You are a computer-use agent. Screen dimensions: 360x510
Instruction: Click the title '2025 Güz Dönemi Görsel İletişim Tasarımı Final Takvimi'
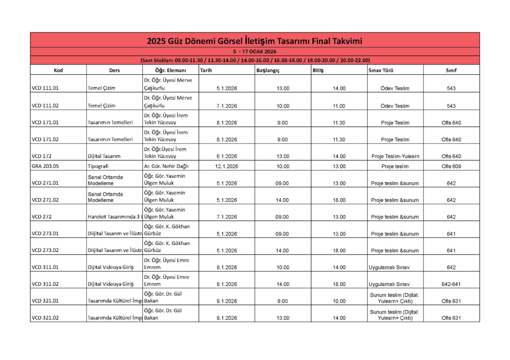click(255, 40)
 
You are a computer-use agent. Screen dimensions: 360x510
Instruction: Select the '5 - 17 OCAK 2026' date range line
click(255, 51)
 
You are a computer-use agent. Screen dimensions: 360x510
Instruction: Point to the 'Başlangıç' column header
click(268, 70)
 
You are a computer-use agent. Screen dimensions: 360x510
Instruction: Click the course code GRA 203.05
click(45, 166)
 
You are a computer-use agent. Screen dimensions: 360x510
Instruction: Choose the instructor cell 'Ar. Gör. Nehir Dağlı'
click(166, 166)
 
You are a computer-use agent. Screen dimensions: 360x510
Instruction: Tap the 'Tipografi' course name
click(98, 166)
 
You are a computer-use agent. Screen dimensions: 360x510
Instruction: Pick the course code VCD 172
click(42, 156)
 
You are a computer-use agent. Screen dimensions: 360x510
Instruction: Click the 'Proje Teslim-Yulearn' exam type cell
click(395, 156)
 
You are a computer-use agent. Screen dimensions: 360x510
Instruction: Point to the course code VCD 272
click(42, 217)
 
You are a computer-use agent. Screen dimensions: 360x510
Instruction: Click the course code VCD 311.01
click(45, 267)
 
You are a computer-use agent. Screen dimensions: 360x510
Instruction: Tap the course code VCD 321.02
click(45, 318)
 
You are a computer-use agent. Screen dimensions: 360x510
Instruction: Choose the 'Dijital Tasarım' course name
click(104, 156)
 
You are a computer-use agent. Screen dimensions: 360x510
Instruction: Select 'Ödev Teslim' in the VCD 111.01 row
click(395, 89)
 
